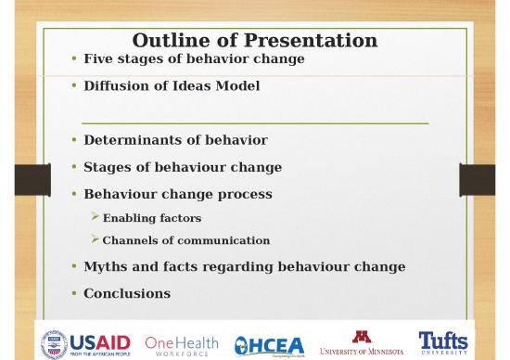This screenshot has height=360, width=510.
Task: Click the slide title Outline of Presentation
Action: pyautogui.click(x=255, y=40)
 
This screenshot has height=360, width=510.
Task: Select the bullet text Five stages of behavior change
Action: pyautogui.click(x=194, y=59)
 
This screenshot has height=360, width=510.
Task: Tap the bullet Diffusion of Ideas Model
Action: pyautogui.click(x=172, y=85)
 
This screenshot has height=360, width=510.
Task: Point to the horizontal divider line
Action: pyautogui.click(x=255, y=122)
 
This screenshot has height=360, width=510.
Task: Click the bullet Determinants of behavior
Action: pyautogui.click(x=175, y=140)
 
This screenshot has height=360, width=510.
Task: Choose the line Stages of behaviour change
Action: pyautogui.click(x=183, y=168)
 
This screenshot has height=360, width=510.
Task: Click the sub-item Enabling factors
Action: pyautogui.click(x=151, y=218)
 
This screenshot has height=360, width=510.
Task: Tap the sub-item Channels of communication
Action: pyautogui.click(x=185, y=240)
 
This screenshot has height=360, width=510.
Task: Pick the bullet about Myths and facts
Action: pyautogui.click(x=244, y=267)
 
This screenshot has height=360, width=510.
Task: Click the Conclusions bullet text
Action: pyautogui.click(x=127, y=293)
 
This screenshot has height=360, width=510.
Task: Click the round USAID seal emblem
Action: pyautogui.click(x=54, y=342)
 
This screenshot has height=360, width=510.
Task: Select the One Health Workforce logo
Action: pyautogui.click(x=182, y=342)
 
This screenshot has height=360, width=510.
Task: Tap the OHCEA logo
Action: pyautogui.click(x=267, y=343)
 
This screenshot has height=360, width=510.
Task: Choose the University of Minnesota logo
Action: pyautogui.click(x=361, y=342)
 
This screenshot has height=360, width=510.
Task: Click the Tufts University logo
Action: pyautogui.click(x=443, y=341)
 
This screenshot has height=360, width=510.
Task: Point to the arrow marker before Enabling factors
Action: pyautogui.click(x=95, y=218)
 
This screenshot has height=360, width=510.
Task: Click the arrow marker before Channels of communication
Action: pyautogui.click(x=95, y=240)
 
